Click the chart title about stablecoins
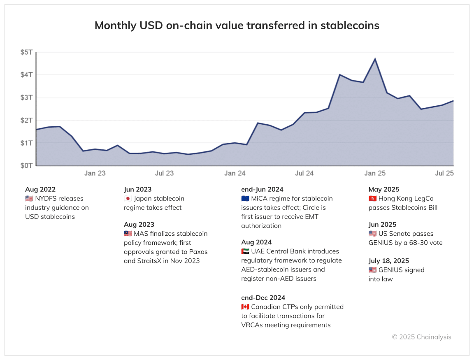pyautogui.click(x=237, y=26)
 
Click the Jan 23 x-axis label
pyautogui.click(x=95, y=173)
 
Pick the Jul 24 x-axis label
pyautogui.click(x=304, y=173)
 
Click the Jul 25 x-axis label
pyautogui.click(x=444, y=173)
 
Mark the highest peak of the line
pyautogui.click(x=375, y=59)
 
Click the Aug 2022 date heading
pyautogui.click(x=40, y=189)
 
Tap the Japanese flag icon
pyautogui.click(x=128, y=198)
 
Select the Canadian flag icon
pyautogui.click(x=245, y=307)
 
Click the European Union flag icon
pyautogui.click(x=245, y=198)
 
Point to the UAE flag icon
pyautogui.click(x=245, y=251)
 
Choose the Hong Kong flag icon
pyautogui.click(x=372, y=198)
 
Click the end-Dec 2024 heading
pyautogui.click(x=263, y=297)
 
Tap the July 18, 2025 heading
pyautogui.click(x=389, y=261)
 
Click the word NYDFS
pyautogui.click(x=47, y=198)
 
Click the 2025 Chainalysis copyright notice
pyautogui.click(x=421, y=337)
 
